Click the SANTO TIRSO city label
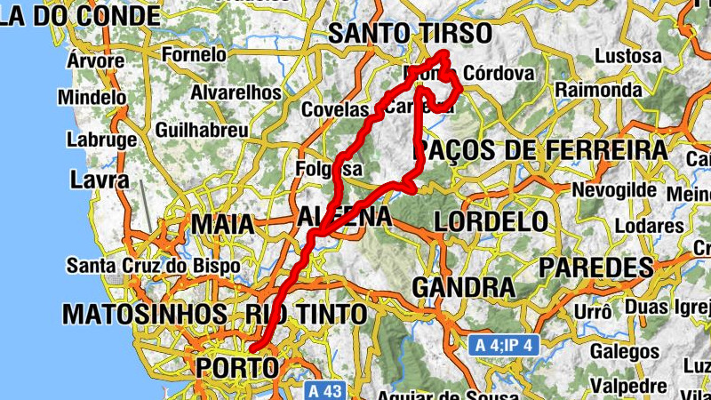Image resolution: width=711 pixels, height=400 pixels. pyautogui.click(x=409, y=34)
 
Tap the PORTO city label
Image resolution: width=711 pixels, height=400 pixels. pyautogui.click(x=236, y=366)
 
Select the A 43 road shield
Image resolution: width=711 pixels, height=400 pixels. pyautogui.click(x=324, y=390)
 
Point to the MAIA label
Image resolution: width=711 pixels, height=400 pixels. pyautogui.click(x=223, y=224)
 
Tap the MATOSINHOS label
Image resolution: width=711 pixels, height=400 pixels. pyautogui.click(x=144, y=314)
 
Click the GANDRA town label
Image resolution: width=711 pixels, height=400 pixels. pyautogui.click(x=463, y=288)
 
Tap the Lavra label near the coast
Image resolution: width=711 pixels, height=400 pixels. pyautogui.click(x=93, y=181)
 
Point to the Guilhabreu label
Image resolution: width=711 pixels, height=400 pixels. pyautogui.click(x=202, y=130)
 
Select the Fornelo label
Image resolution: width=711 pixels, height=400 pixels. pyautogui.click(x=195, y=54)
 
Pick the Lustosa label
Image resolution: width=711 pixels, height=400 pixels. pyautogui.click(x=627, y=56)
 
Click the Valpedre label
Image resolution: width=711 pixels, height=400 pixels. pyautogui.click(x=629, y=387)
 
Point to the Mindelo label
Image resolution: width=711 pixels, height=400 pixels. pyautogui.click(x=92, y=97)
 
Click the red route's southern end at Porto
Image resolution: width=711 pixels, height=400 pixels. pyautogui.click(x=252, y=348)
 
